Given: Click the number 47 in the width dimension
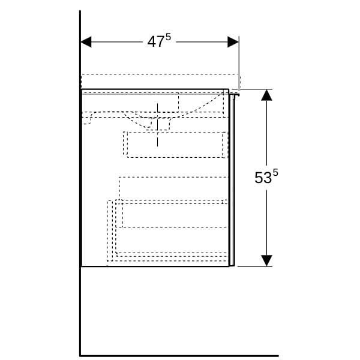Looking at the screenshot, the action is pyautogui.click(x=156, y=42).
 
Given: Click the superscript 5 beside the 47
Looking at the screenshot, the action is pyautogui.click(x=168, y=37).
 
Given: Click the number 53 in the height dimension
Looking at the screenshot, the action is pyautogui.click(x=263, y=178).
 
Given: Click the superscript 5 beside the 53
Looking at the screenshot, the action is pyautogui.click(x=275, y=172).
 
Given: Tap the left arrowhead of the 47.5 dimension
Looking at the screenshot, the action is pyautogui.click(x=86, y=42).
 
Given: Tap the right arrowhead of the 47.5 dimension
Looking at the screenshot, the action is pyautogui.click(x=233, y=42).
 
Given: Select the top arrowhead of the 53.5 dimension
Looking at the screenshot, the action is pyautogui.click(x=266, y=95).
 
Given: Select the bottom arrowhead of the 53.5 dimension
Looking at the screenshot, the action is pyautogui.click(x=266, y=260).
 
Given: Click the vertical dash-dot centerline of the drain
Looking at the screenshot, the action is pyautogui.click(x=157, y=125).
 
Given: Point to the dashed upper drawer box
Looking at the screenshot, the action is pyautogui.click(x=176, y=145).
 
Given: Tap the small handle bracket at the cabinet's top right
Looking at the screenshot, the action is pyautogui.click(x=235, y=94).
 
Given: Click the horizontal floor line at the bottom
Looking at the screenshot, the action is pyautogui.click(x=179, y=356).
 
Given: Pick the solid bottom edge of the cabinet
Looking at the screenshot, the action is pyautogui.click(x=155, y=266).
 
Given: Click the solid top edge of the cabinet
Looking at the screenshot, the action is pyautogui.click(x=155, y=89).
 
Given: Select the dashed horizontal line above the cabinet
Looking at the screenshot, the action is pyautogui.click(x=160, y=74).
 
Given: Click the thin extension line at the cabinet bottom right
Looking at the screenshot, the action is pyautogui.click(x=255, y=266).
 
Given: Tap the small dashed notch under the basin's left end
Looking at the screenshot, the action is pyautogui.click(x=88, y=119).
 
